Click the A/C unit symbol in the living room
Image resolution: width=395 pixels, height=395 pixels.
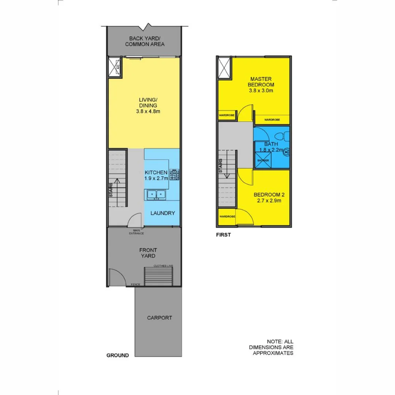click(116, 67)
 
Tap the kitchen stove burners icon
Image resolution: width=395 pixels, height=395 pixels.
click(174, 174)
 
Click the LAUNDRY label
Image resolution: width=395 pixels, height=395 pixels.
click(163, 213)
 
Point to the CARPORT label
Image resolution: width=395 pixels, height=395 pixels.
click(159, 318)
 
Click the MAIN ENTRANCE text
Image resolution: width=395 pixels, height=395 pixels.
click(136, 232)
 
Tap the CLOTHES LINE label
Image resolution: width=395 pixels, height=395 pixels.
click(163, 266)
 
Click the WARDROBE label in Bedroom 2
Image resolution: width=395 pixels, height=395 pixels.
click(227, 217)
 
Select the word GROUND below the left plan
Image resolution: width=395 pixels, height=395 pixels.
click(117, 355)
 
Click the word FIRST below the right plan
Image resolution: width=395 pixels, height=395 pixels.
click(223, 235)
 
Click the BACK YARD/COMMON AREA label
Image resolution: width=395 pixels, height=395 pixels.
click(145, 41)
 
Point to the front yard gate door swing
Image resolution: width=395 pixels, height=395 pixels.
click(115, 277)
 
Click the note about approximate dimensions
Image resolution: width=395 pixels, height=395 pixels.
click(271, 347)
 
